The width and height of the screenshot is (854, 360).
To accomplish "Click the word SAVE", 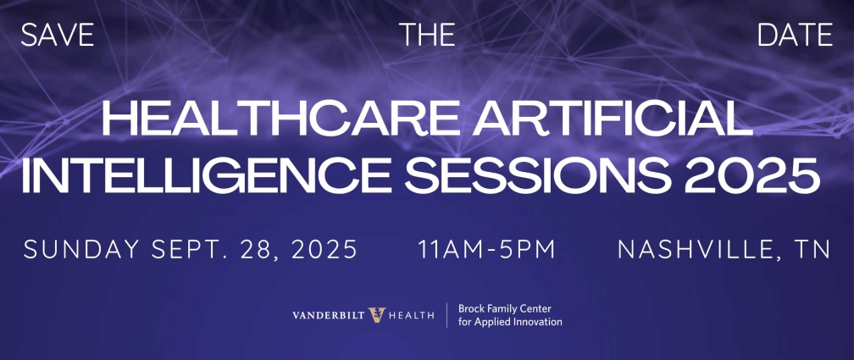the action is pyautogui.click(x=58, y=35).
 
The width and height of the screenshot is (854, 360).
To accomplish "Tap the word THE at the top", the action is pyautogui.click(x=427, y=35).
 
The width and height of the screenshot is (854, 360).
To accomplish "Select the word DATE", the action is pyautogui.click(x=796, y=35).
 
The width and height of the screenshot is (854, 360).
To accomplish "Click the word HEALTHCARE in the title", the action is pyautogui.click(x=280, y=119).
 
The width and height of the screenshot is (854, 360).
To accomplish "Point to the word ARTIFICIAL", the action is pyautogui.click(x=613, y=119).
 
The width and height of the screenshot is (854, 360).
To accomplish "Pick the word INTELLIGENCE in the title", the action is pyautogui.click(x=206, y=176).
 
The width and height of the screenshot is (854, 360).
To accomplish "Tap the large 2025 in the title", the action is pyautogui.click(x=752, y=176).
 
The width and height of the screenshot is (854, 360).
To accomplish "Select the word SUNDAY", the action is pyautogui.click(x=81, y=249).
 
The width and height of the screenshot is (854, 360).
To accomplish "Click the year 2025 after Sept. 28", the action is pyautogui.click(x=324, y=249).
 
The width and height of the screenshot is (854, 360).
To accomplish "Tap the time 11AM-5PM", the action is pyautogui.click(x=486, y=249).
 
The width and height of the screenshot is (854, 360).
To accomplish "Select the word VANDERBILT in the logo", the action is pyautogui.click(x=329, y=315).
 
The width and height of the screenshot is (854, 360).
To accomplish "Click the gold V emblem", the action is pyautogui.click(x=377, y=315).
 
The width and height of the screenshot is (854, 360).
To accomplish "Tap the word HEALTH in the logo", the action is pyautogui.click(x=411, y=315).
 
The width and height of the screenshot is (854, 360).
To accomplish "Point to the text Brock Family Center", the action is pyautogui.click(x=505, y=309).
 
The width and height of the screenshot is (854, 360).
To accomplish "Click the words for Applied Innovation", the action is pyautogui.click(x=510, y=322).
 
